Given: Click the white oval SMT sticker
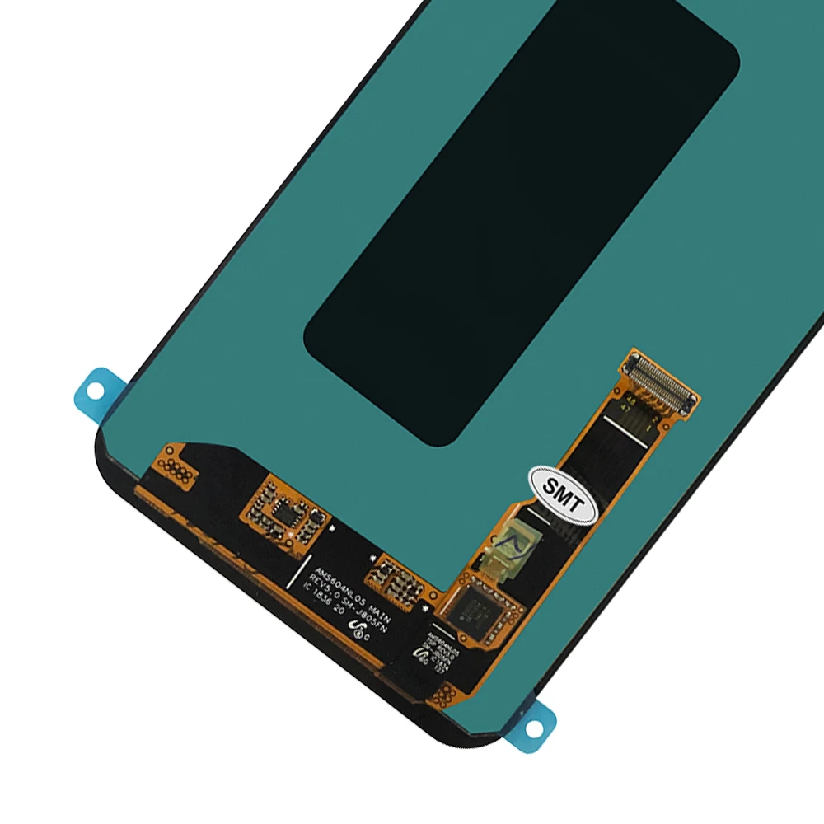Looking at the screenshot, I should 561,493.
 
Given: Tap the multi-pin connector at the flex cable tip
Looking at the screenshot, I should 662,381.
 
